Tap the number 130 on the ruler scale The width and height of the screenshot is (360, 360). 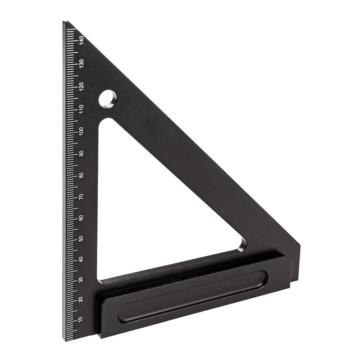[x=81, y=63]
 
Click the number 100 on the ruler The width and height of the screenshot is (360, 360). [x=81, y=131]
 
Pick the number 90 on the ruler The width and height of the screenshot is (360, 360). [x=81, y=153]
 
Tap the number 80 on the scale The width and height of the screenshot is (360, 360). [x=81, y=175]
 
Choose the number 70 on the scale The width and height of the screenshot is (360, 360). [x=81, y=197]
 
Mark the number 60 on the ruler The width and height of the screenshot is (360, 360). [x=81, y=218]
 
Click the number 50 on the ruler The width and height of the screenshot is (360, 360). [x=81, y=239]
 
